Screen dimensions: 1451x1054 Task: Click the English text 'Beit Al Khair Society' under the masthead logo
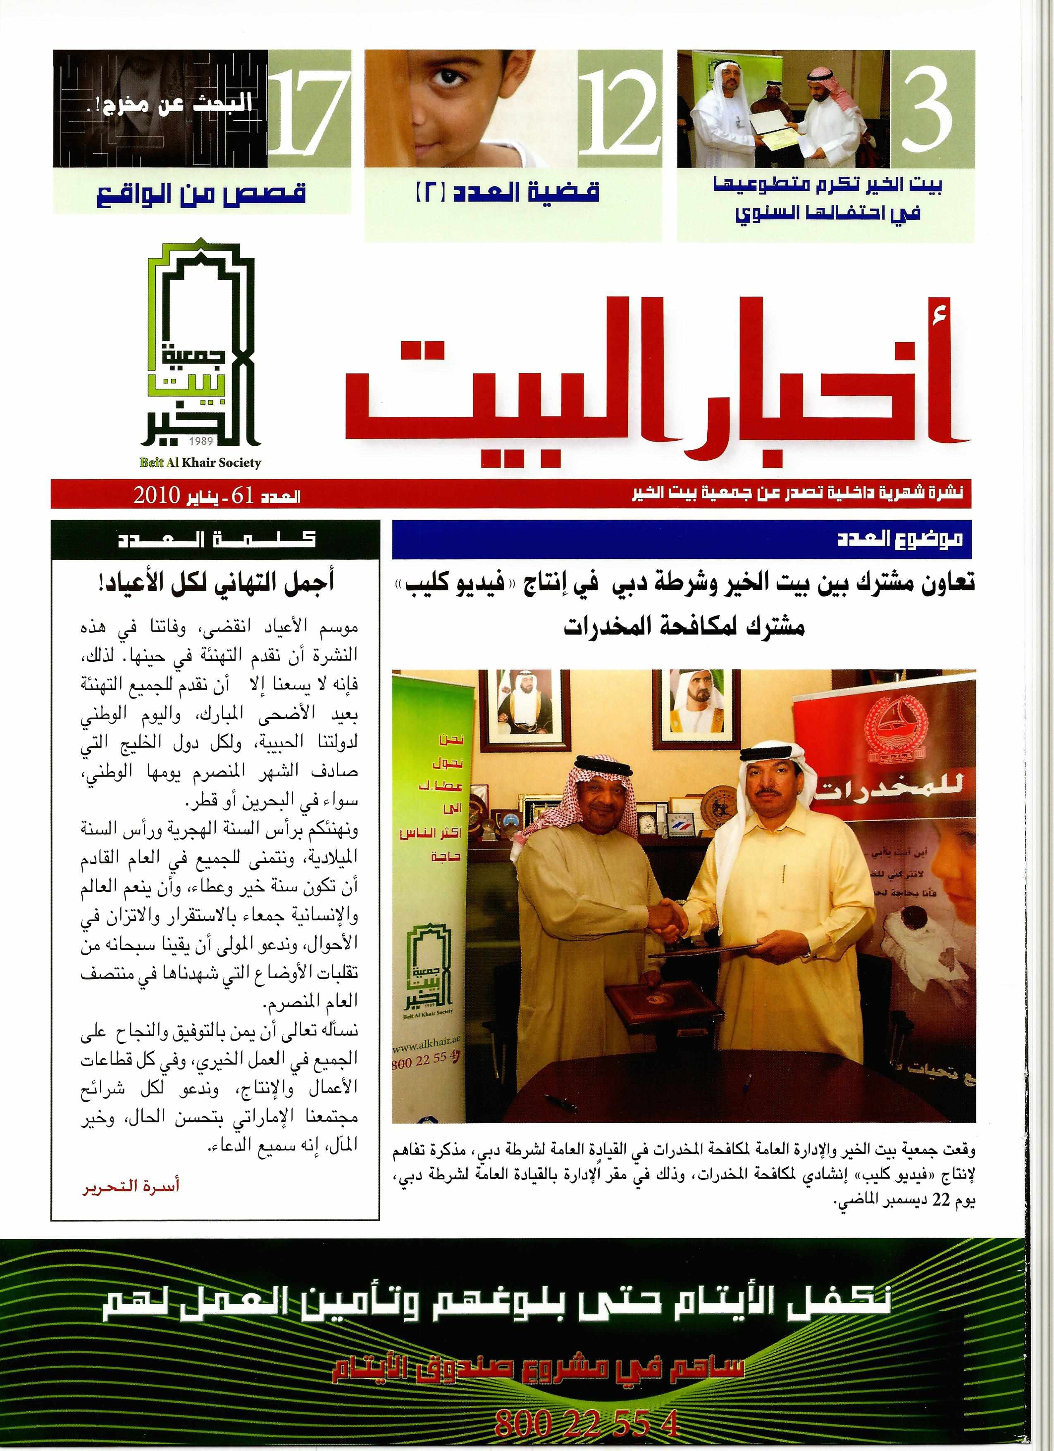200,462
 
